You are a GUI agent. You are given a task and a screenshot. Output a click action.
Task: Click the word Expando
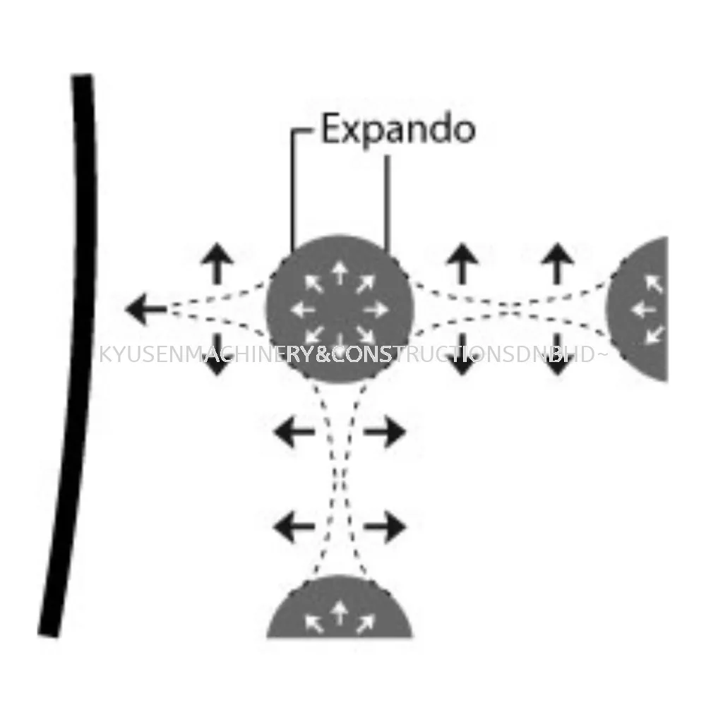[398, 129]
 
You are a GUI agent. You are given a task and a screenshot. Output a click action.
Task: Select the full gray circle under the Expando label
[339, 309]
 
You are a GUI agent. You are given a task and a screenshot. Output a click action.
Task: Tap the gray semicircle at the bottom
[340, 607]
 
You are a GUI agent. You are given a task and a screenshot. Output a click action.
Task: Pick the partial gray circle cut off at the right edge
[638, 309]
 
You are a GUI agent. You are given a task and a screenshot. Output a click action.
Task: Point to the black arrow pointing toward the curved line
[146, 309]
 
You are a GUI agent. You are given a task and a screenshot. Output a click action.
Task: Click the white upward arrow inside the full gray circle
[339, 275]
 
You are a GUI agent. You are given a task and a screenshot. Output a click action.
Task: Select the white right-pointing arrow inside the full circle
[376, 310]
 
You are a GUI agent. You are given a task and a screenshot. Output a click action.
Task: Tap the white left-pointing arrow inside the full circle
[303, 310]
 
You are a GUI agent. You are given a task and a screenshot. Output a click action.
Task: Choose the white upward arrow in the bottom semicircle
[340, 613]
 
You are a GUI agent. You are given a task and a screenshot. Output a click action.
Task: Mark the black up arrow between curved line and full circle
[217, 264]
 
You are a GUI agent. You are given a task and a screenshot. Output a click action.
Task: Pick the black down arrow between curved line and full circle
[217, 354]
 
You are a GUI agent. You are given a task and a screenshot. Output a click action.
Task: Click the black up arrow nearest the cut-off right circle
[558, 264]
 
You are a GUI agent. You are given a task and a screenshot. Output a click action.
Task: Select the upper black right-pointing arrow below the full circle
[385, 432]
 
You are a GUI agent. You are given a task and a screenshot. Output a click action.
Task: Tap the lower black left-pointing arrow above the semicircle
[294, 526]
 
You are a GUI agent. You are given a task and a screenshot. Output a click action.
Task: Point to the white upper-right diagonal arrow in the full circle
[366, 284]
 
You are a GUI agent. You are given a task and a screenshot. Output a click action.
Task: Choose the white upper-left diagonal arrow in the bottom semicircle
[314, 624]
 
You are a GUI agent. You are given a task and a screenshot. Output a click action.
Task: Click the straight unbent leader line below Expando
[387, 203]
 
